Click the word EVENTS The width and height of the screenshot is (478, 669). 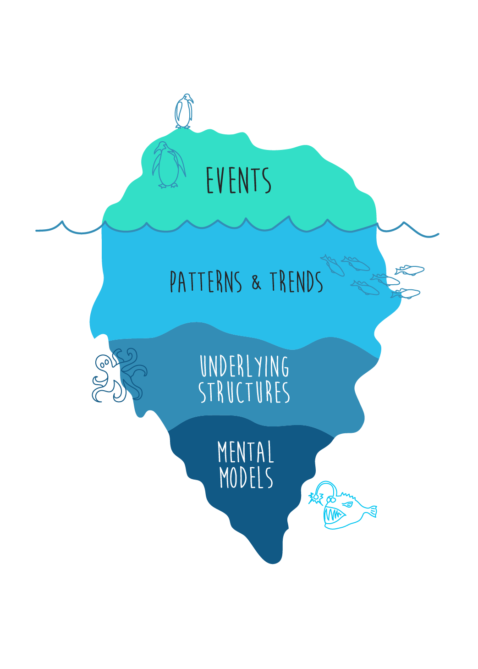point(238,180)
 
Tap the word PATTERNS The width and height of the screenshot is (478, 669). point(206,282)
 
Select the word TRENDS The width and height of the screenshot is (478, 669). point(296,282)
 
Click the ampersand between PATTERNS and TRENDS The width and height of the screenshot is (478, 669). point(256,282)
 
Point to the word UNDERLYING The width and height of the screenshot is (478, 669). point(244,366)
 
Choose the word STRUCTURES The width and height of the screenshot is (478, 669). point(244,392)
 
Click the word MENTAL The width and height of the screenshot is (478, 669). point(246,452)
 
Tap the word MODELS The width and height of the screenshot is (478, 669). point(246,478)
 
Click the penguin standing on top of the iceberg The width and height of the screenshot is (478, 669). point(184,111)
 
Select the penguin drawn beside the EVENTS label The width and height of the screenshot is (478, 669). point(168,165)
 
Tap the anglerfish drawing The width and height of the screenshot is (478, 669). point(344,507)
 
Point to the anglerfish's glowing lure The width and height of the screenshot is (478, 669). point(315,498)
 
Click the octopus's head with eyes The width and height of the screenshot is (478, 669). point(104,362)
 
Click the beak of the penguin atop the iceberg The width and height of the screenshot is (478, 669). point(191,100)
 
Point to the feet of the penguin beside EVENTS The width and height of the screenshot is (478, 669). point(168,185)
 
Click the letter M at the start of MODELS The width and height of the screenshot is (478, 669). point(224,478)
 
